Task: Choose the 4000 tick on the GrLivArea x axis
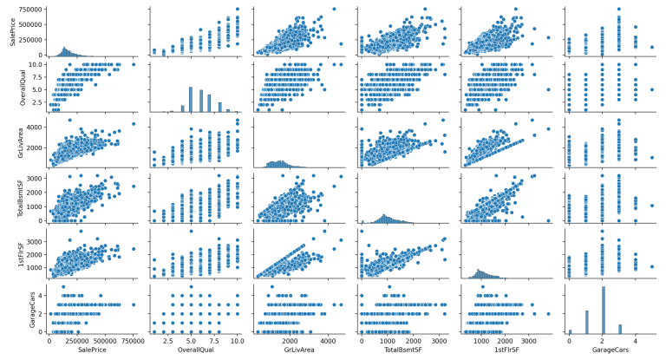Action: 329,343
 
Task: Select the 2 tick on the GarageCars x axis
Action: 603,343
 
